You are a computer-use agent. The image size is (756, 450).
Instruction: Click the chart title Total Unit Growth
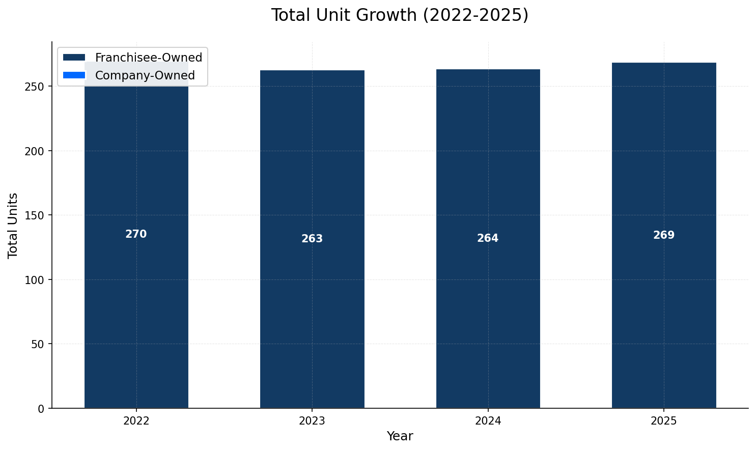400,15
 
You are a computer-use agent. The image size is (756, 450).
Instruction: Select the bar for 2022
136,305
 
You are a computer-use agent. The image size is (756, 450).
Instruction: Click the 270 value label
136,235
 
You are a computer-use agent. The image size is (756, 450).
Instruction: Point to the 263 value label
312,239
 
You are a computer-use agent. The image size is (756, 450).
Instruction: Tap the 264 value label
488,238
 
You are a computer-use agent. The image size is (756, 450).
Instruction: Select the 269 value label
664,235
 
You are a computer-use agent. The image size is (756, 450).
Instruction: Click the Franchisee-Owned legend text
149,58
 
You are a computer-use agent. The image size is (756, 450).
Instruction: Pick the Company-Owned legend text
145,76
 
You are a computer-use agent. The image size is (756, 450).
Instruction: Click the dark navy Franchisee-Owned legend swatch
74,58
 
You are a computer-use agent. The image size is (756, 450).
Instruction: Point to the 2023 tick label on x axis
312,421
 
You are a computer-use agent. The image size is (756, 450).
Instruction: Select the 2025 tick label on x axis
664,421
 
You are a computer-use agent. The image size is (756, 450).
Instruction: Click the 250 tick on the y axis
38,87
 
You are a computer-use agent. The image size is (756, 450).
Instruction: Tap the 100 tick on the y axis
38,280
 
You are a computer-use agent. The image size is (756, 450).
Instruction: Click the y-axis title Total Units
13,225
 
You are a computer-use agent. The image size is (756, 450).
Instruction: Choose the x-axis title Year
400,436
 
